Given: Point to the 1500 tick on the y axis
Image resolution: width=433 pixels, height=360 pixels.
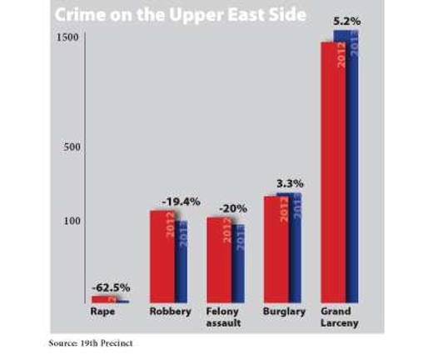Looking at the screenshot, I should tap(67, 39).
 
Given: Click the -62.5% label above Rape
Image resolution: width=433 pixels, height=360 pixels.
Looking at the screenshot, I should tap(110, 287).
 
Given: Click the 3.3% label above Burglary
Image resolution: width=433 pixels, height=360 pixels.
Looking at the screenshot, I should tap(289, 183).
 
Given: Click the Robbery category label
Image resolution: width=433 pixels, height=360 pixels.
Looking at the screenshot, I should tap(168, 312).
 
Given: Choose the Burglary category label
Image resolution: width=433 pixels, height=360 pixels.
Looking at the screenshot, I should tap(282, 312).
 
